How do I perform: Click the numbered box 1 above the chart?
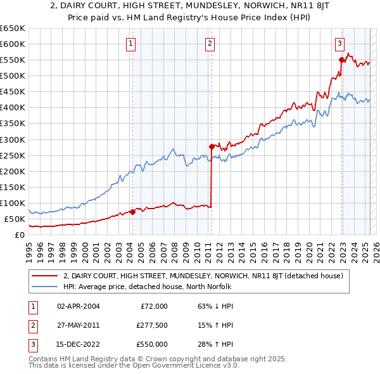(130, 44)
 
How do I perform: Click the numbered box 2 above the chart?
(210, 44)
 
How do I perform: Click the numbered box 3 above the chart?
(339, 44)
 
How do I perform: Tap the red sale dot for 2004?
(132, 212)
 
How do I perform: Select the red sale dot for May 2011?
(212, 146)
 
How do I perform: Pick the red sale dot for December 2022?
(342, 60)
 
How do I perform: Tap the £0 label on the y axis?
(19, 235)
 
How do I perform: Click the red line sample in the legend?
(45, 276)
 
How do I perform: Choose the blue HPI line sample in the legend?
(45, 287)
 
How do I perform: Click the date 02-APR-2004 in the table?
(78, 306)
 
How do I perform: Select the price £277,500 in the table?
(151, 325)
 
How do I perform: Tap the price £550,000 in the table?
(151, 344)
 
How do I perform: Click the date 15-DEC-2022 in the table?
(78, 344)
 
